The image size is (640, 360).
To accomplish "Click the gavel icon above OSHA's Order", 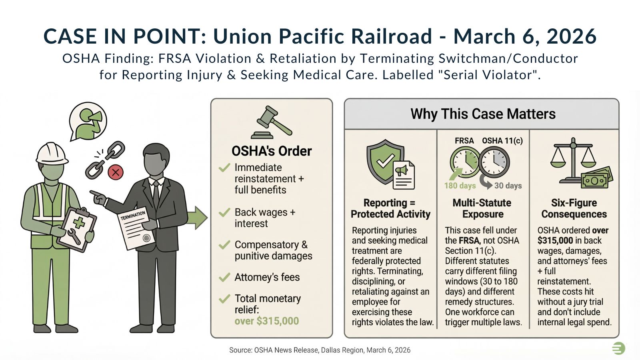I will pos(271,122).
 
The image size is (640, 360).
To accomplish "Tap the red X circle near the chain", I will pos(116,172).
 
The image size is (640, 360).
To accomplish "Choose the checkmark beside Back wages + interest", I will pos(224,212).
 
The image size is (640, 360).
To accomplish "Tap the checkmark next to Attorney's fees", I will pos(224,277).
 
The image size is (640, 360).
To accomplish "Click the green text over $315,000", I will pos(266,321).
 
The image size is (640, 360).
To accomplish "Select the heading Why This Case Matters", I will pos(483,114).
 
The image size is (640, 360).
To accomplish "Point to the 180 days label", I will pos(460,186).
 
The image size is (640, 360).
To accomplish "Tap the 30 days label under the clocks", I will pos(508,186).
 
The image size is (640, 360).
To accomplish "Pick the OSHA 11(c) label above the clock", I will pos(502,141).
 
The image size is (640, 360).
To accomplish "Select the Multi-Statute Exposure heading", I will pos(482,208).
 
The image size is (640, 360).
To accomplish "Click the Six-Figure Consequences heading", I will pos(574,208).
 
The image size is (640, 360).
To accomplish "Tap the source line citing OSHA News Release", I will pos(320,350).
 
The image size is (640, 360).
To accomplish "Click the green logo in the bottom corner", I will pos(618,348).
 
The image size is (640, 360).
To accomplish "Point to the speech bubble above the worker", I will pos(88,120).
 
